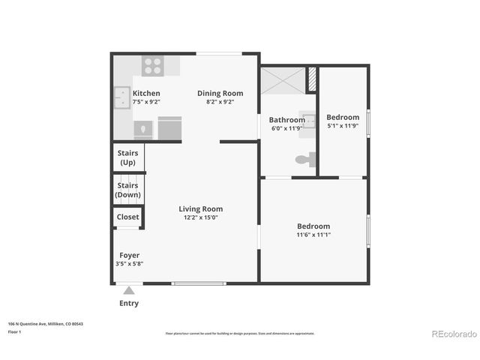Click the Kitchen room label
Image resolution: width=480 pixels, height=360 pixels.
point(146,94)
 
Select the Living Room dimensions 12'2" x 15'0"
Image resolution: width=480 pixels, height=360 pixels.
point(200,217)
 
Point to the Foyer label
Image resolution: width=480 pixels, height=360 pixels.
point(129,256)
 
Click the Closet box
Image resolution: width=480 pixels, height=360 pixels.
point(127,217)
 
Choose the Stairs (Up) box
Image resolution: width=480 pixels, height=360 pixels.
point(127,157)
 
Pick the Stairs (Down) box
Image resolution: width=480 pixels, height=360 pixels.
point(127,190)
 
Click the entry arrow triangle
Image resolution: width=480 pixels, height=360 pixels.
point(129,290)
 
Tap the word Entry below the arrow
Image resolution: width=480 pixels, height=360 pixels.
point(129,304)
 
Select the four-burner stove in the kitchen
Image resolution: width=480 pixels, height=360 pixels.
point(153,65)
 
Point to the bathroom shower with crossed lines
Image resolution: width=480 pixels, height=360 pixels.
point(283,79)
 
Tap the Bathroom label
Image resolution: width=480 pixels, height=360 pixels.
point(287,120)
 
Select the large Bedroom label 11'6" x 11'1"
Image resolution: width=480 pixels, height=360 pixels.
point(313,226)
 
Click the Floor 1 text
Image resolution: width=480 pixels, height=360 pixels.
point(14,331)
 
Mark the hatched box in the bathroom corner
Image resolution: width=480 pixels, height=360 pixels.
point(311,78)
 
